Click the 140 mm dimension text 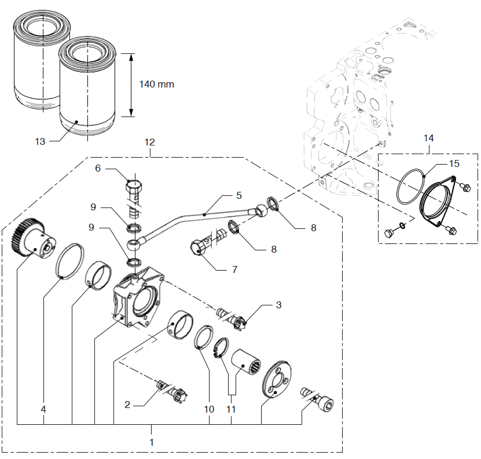(x=156, y=84)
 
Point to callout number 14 (x=428, y=138)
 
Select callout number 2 (x=128, y=405)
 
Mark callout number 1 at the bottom (x=151, y=441)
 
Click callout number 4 (x=43, y=409)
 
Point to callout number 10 (x=209, y=409)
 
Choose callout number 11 (x=232, y=409)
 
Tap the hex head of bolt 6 (x=133, y=188)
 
